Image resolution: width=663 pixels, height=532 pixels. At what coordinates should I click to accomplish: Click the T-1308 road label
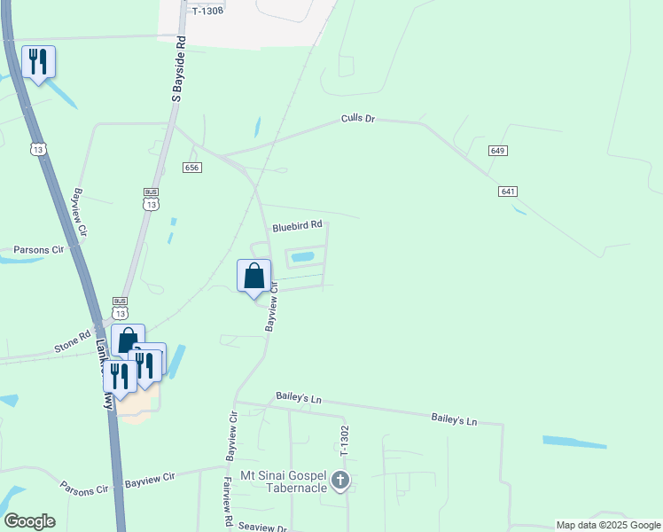coord(206,11)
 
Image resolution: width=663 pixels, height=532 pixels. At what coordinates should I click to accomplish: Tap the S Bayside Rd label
coord(178,69)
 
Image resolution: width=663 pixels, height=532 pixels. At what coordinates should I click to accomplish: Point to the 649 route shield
coord(497,151)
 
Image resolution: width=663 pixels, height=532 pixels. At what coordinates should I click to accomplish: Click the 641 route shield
coord(508,192)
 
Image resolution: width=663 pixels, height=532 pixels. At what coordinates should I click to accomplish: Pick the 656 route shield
coord(193,168)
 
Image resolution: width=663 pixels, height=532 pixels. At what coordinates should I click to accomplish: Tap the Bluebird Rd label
coord(297,226)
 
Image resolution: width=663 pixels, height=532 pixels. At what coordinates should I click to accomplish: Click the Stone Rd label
coord(74,339)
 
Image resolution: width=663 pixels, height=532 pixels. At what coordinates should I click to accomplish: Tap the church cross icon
coord(340,481)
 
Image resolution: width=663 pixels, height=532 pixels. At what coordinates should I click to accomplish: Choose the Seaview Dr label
coord(263,528)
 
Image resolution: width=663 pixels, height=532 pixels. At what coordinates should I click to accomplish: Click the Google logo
coord(29,521)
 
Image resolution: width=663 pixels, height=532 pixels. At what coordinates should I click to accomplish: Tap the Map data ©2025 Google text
coord(608,525)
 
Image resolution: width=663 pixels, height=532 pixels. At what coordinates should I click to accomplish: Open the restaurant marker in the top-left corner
coord(38,62)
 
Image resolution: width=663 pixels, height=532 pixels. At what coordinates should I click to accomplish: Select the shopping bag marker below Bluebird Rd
coord(254,276)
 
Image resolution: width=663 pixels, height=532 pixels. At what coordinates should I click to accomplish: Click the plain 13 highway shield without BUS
coord(38,149)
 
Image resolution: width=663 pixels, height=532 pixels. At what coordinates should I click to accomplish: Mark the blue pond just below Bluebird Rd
coord(303,257)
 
